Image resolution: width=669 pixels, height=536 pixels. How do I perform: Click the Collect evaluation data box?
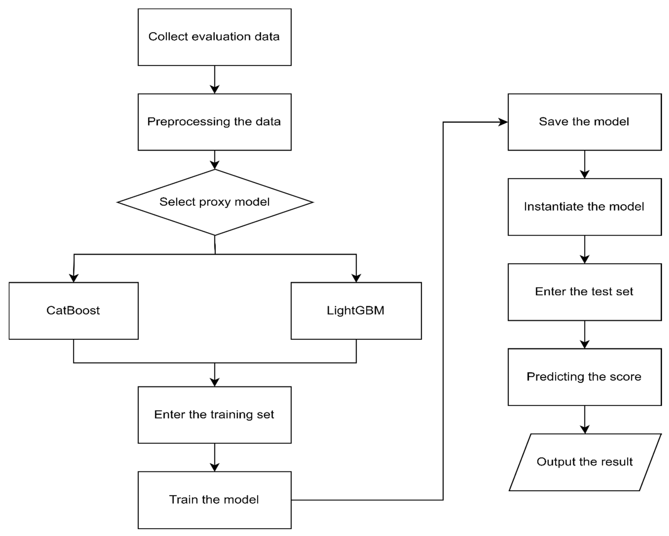click(214, 37)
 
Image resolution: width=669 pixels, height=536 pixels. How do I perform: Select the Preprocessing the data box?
click(214, 122)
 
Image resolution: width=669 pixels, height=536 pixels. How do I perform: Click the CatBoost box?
click(74, 311)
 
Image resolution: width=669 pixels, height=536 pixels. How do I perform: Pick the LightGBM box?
click(356, 311)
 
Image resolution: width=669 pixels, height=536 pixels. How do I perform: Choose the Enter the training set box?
click(214, 415)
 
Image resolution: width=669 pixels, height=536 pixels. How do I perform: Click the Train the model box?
click(214, 500)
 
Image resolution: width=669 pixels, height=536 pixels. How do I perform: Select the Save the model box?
click(585, 122)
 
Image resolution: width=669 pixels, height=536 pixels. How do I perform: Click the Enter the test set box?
click(585, 292)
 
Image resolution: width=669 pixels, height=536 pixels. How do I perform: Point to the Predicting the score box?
click(585, 377)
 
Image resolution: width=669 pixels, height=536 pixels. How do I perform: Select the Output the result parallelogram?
click(585, 462)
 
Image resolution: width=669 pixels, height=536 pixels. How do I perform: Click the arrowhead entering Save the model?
click(503, 122)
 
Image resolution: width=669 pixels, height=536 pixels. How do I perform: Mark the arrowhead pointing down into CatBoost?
click(74, 278)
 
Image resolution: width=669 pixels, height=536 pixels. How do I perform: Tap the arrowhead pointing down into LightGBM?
click(356, 278)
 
